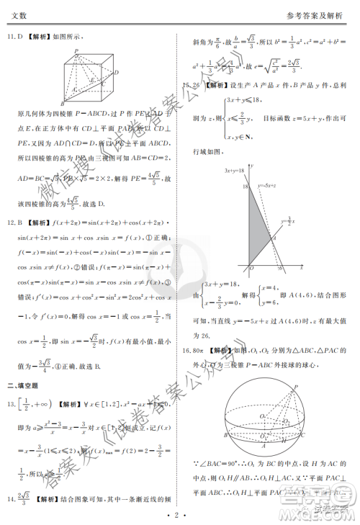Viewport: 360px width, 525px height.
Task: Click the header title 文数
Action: (19, 15)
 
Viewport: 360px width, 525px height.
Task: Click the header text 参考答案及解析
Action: (317, 15)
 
